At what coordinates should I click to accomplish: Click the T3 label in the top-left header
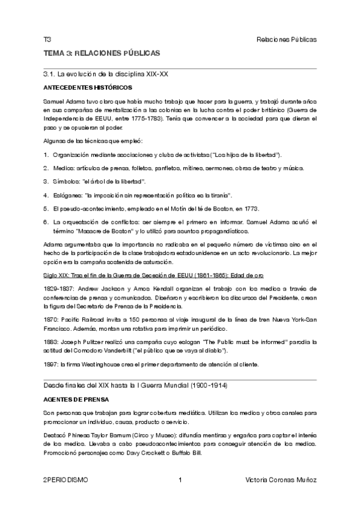[x=47, y=39]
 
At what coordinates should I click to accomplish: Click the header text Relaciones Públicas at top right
[x=286, y=39]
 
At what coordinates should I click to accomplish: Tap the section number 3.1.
[x=50, y=75]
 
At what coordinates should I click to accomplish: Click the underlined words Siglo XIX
[x=56, y=276]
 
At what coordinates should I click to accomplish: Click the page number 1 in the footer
[x=180, y=480]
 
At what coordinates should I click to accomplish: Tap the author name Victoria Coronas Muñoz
[x=281, y=480]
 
